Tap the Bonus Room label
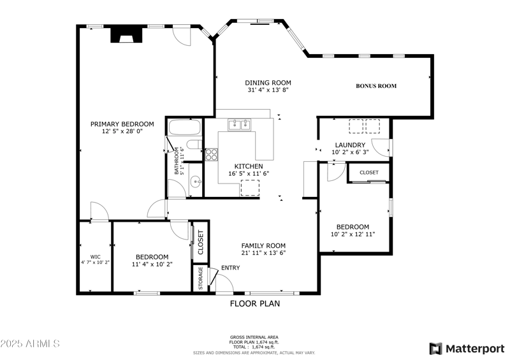[376, 86]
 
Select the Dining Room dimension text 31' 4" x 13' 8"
[268, 90]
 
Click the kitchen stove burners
[212, 154]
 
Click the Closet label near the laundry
[368, 173]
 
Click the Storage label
[201, 278]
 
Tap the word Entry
[230, 268]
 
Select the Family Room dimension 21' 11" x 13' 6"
[263, 253]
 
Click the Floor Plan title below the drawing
[254, 304]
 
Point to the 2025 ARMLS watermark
[30, 343]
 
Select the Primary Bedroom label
[122, 124]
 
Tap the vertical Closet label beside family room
[200, 243]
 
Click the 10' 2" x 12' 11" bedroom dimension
[353, 234]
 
